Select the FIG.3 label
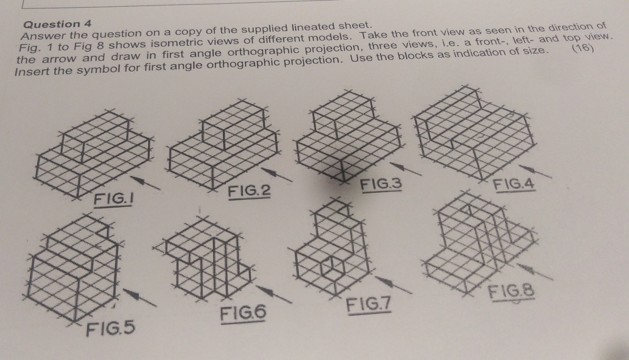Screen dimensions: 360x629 tap(382, 184)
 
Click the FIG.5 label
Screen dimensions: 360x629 tap(110, 329)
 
